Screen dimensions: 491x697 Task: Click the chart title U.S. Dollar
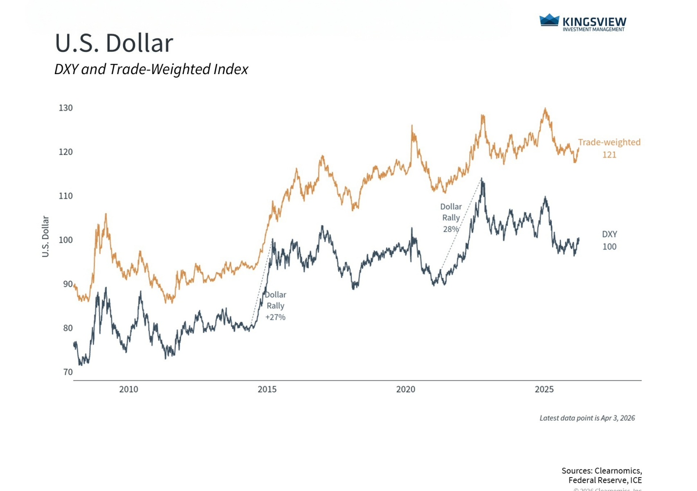click(114, 43)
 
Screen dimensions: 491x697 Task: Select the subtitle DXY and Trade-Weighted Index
click(151, 69)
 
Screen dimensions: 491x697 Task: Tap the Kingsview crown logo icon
click(549, 20)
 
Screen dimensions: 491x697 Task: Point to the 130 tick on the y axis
click(65, 108)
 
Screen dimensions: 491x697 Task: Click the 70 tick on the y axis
click(68, 372)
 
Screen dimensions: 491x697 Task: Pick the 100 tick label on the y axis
click(65, 240)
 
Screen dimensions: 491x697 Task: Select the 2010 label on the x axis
click(128, 389)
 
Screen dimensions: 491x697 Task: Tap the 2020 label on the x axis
click(405, 389)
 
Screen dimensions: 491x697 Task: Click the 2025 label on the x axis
click(544, 389)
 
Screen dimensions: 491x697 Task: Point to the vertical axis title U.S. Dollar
click(45, 236)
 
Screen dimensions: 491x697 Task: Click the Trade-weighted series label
click(609, 142)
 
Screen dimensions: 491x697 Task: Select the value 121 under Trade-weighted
click(609, 155)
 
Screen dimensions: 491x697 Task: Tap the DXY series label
click(609, 234)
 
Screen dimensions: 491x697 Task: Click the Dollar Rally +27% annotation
click(275, 306)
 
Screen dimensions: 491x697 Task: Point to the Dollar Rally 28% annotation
click(451, 218)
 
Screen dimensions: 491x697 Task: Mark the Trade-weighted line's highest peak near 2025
click(545, 108)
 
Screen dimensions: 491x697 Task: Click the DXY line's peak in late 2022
click(482, 179)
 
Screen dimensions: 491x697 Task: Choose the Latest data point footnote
click(587, 418)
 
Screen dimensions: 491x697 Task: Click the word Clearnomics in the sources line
click(617, 471)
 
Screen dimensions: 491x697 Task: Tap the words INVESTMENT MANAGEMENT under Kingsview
click(594, 29)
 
